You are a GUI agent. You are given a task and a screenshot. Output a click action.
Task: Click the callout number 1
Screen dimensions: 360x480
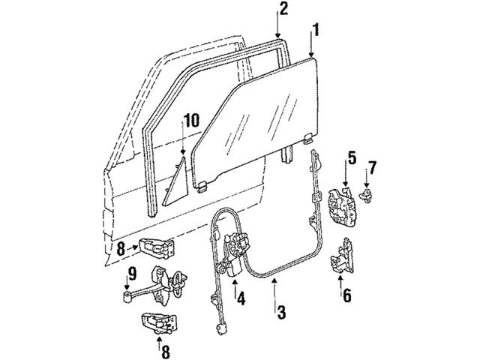click(317, 31)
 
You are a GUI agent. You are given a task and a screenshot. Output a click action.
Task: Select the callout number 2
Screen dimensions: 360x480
click(283, 9)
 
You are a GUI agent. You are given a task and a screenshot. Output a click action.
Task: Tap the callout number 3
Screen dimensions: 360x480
click(281, 311)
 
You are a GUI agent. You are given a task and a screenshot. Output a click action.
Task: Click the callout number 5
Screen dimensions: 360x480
click(350, 158)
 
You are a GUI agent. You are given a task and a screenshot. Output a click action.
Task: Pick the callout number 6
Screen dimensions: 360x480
click(346, 295)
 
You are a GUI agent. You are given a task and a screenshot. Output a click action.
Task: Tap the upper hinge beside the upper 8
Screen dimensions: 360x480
click(157, 247)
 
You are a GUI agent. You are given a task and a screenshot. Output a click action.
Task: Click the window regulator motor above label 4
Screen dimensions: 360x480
click(238, 247)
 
